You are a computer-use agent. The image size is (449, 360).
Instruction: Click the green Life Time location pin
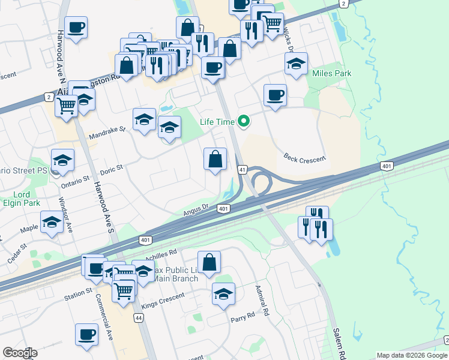[244, 121]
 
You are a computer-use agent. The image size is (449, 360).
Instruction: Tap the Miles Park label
[332, 73]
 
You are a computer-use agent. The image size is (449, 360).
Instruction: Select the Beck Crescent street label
[304, 159]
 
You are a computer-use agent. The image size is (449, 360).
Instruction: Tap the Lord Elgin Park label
[22, 199]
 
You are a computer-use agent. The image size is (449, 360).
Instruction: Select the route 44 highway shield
[139, 318]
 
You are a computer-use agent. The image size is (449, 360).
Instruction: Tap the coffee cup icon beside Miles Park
[275, 95]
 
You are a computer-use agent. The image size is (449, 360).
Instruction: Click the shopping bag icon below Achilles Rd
[209, 262]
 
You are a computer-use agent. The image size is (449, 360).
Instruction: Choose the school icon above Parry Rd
[223, 294]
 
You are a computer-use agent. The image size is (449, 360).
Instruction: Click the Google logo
[20, 353]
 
